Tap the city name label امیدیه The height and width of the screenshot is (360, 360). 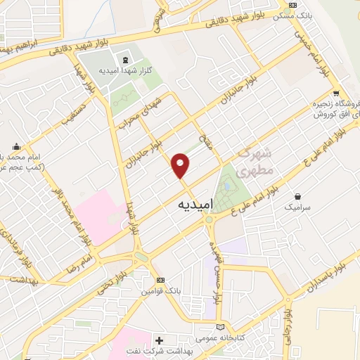[x=191, y=203]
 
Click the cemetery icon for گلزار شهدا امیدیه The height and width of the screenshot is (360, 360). [x=124, y=58]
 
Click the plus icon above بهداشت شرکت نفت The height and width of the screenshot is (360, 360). [x=158, y=339]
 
